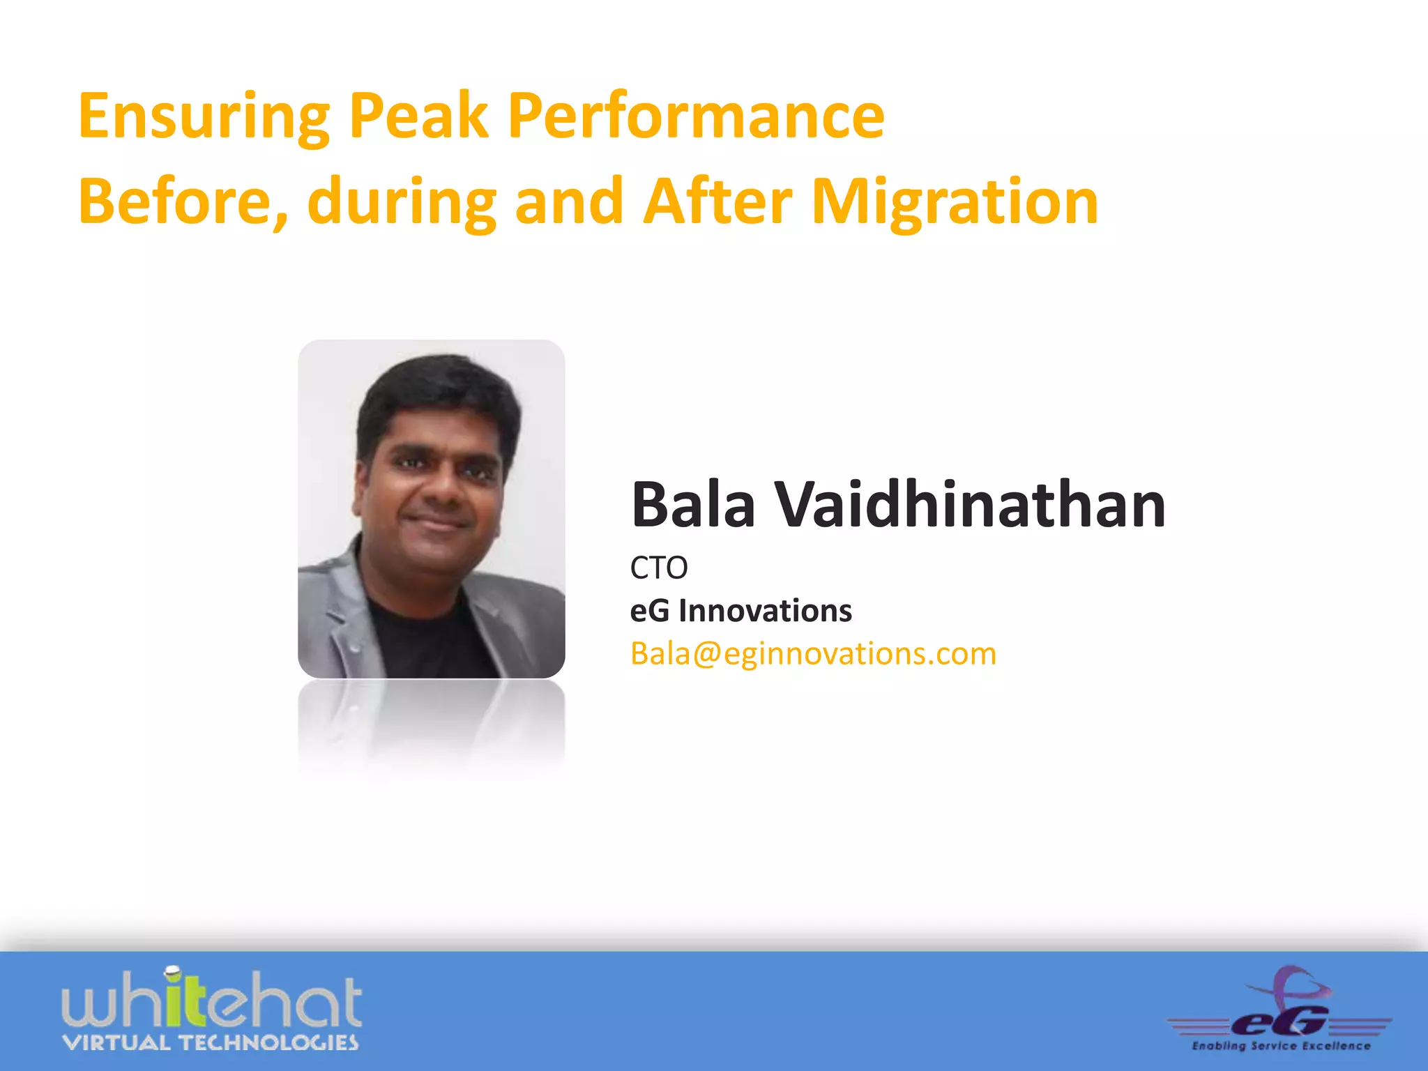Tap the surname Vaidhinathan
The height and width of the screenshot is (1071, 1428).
970,505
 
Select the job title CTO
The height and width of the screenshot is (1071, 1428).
658,568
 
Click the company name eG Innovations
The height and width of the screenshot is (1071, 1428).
740,611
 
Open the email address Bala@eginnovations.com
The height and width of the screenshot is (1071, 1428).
813,654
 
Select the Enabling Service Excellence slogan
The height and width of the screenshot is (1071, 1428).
1281,1046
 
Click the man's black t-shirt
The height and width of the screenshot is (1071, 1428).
425,641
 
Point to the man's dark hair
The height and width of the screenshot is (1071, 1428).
439,390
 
